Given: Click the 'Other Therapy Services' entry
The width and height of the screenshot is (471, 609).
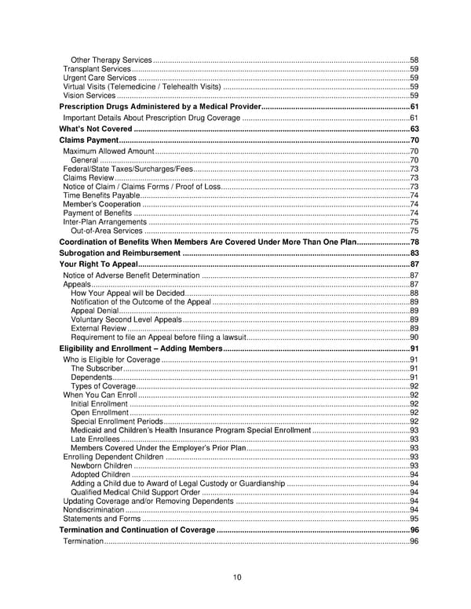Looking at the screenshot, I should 111,60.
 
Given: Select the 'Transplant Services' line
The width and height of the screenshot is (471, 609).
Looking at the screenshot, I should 97,69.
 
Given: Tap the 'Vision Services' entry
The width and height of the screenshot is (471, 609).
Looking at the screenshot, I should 89,95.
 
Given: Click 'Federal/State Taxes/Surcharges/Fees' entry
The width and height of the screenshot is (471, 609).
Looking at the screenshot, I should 128,169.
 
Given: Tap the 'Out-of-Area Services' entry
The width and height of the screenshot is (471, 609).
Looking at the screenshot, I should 107,231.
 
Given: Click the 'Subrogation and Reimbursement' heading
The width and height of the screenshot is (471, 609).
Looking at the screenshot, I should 120,253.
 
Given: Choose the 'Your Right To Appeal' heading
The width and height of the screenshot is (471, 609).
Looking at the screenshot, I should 99,265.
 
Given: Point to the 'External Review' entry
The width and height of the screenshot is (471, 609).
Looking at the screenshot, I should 97,328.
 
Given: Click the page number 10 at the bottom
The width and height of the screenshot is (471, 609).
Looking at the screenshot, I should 235,578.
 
